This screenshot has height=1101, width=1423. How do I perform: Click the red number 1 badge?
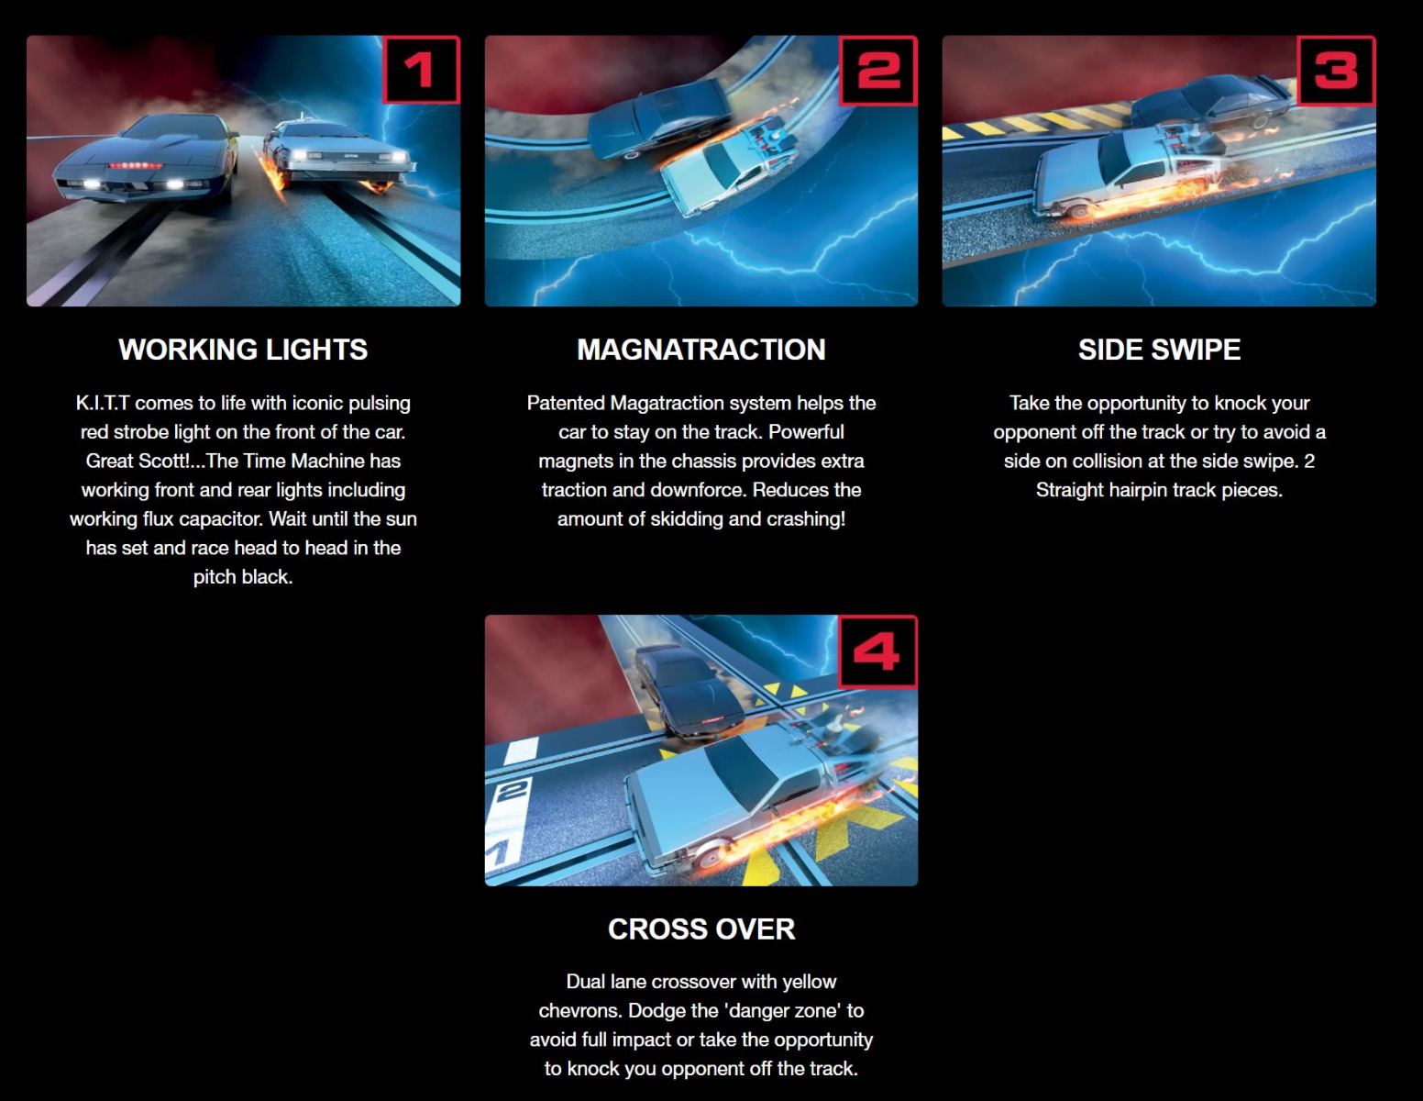point(421,70)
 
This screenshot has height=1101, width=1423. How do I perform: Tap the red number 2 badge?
point(878,70)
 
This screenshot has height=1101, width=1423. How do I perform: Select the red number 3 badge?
point(1336,70)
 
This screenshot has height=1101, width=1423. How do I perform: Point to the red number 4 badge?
point(878,651)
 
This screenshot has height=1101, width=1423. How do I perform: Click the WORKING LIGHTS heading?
point(243,350)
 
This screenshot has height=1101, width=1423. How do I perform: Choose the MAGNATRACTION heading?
point(701,350)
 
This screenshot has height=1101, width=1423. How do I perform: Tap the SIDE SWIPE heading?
point(1159,350)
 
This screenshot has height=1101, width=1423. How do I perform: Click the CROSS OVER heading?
point(701,929)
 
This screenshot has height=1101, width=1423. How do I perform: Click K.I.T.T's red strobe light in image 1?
point(136,166)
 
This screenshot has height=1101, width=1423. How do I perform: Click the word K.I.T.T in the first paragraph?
point(102,403)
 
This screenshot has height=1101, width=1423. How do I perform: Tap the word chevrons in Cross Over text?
point(579,1010)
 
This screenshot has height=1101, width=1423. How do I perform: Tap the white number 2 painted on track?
point(513,791)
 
